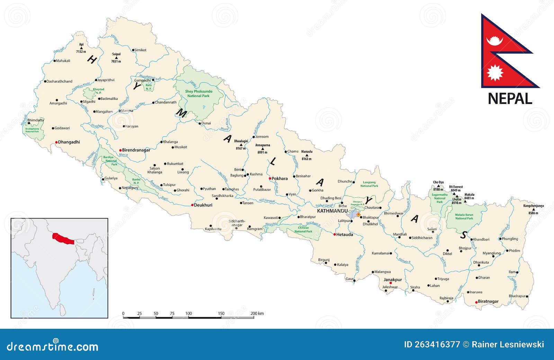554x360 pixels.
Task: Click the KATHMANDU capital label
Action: (332, 211)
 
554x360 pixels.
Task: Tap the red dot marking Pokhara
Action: (270, 178)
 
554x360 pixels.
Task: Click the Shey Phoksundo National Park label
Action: (198, 94)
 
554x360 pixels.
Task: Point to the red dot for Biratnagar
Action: (476, 302)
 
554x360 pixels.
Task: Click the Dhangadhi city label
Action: (69, 142)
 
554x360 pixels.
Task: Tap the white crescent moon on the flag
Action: (494, 41)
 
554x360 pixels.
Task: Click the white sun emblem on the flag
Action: (495, 73)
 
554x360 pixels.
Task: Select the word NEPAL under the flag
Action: (510, 99)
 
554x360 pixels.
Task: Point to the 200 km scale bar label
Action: (257, 314)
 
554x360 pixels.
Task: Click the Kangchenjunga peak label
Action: (533, 206)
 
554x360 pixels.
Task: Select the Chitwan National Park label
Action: (303, 230)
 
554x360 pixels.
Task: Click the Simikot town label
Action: (140, 50)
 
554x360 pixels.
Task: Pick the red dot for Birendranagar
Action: (120, 150)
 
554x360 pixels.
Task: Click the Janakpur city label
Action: (393, 280)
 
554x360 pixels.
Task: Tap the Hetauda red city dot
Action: (334, 234)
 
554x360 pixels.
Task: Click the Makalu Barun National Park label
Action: (464, 216)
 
